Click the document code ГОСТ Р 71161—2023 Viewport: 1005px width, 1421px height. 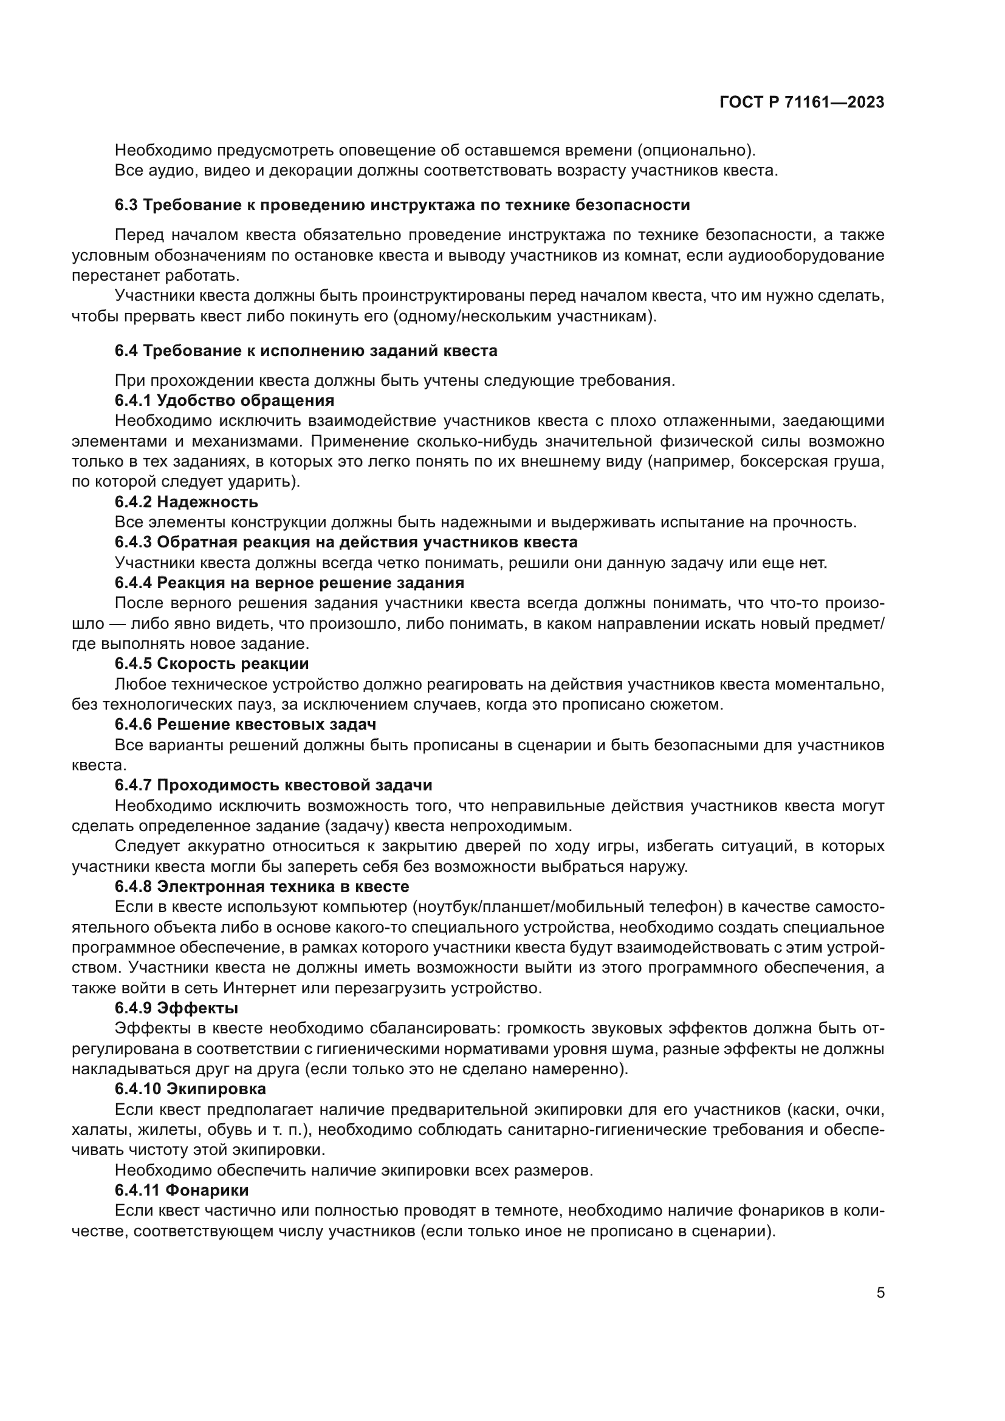coord(801,103)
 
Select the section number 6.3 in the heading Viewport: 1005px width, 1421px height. coord(126,205)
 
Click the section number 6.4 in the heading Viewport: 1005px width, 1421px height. coord(126,351)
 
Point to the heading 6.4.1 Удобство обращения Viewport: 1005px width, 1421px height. coord(224,400)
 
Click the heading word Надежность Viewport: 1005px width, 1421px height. coord(207,502)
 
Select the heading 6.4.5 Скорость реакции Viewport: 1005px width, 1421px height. coord(211,664)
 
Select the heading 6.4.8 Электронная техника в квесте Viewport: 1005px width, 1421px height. coord(262,887)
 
